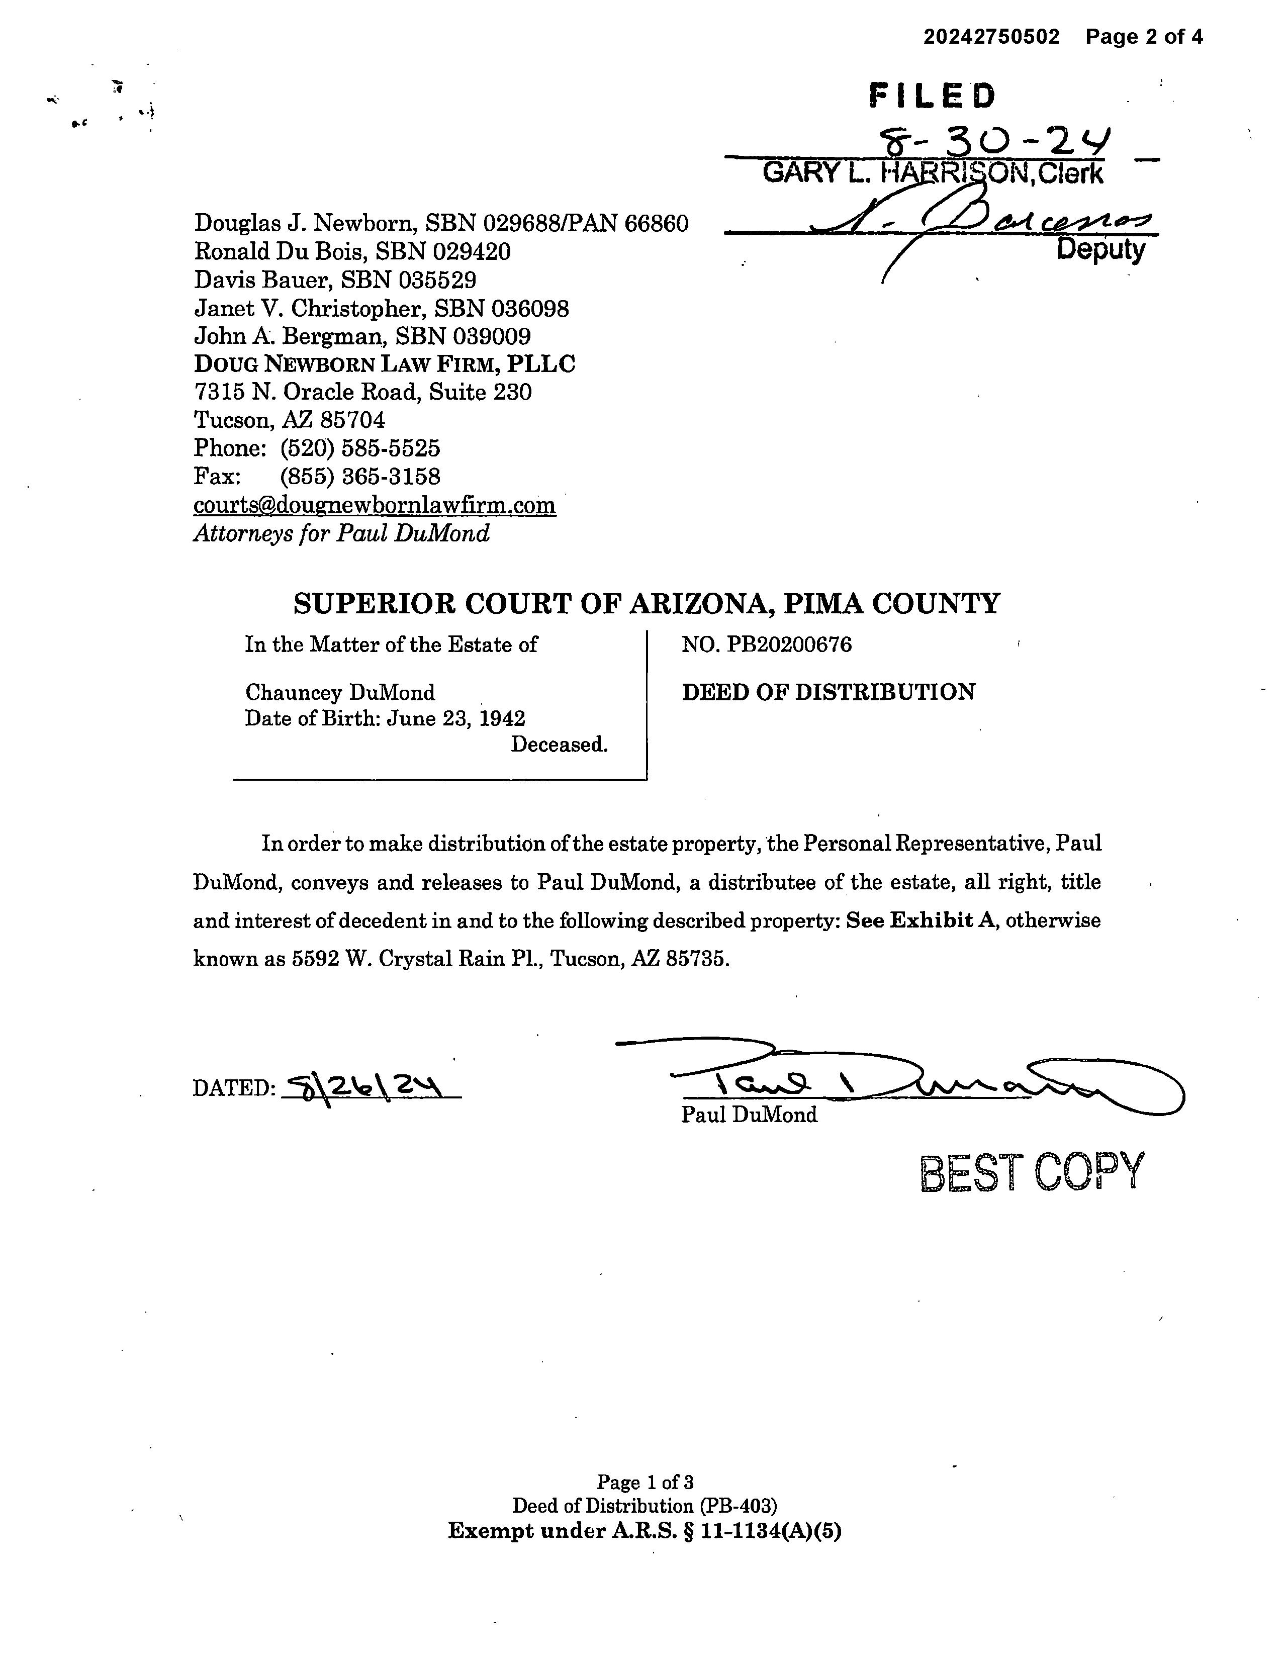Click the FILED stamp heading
tap(932, 96)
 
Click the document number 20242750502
tap(991, 37)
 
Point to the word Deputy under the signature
tap(1100, 249)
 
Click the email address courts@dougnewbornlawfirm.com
tap(375, 505)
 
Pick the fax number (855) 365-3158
tap(360, 477)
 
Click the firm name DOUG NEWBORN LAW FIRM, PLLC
tap(384, 363)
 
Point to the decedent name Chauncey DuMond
tap(340, 692)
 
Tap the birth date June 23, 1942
tap(455, 718)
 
